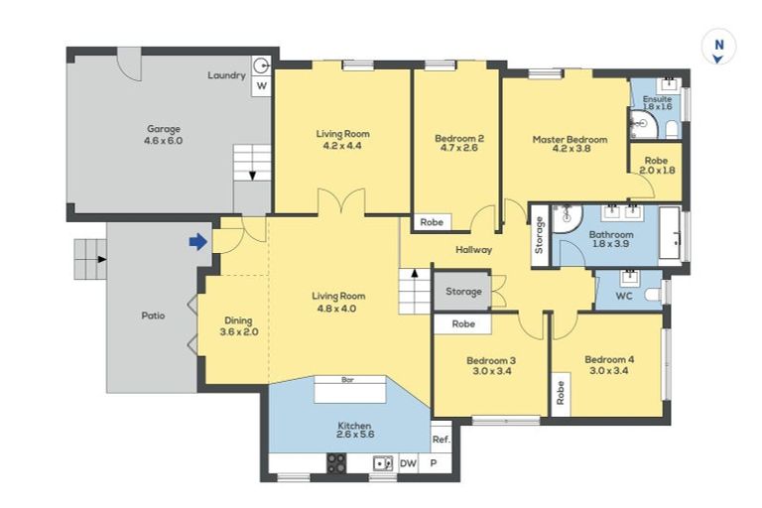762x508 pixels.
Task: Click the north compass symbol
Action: (719, 48)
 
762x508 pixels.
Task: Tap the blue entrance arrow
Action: (198, 241)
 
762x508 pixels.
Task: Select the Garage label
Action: (164, 128)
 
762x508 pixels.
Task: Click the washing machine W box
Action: (262, 86)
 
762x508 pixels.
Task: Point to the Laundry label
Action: (226, 75)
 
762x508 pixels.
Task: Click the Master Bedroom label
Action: (570, 140)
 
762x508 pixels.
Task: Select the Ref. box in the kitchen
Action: (441, 440)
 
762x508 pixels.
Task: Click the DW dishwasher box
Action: (409, 463)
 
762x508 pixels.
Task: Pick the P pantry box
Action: (434, 463)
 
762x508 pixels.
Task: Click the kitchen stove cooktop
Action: (336, 462)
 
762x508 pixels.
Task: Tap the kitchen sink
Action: (381, 462)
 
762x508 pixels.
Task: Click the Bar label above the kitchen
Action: (348, 380)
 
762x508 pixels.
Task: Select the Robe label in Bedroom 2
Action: (432, 222)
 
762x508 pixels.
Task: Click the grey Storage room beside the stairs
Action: (462, 292)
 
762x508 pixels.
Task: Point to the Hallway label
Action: (474, 250)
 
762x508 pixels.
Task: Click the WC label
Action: (624, 296)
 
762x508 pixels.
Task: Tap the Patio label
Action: (153, 316)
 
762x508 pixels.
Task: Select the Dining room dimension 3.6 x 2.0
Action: (238, 332)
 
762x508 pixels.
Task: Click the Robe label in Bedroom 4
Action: (561, 393)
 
